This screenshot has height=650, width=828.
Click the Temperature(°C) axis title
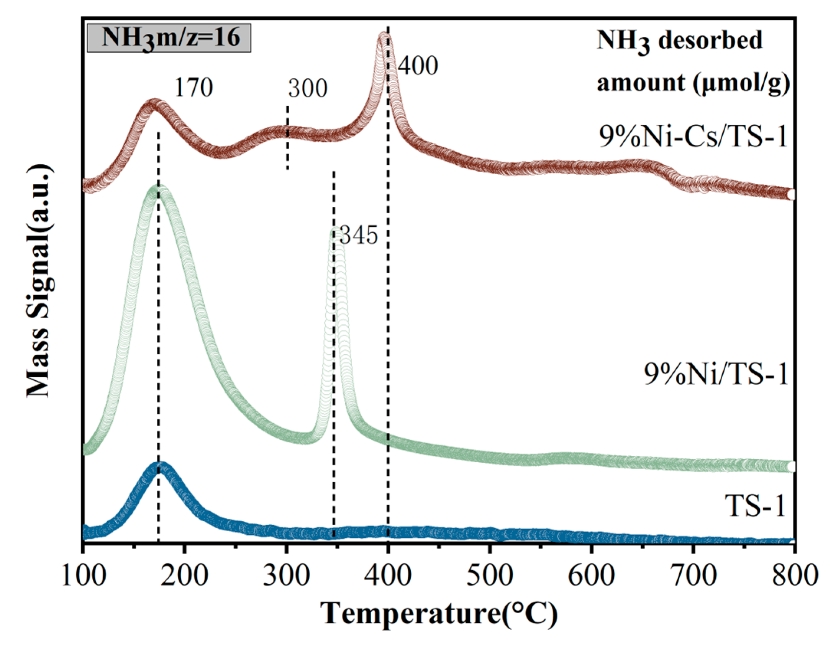[439, 613]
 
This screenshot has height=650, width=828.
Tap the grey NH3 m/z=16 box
[169, 38]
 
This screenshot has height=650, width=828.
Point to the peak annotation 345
[359, 235]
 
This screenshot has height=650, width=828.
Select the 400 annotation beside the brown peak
[418, 66]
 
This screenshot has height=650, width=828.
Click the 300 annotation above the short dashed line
[308, 89]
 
